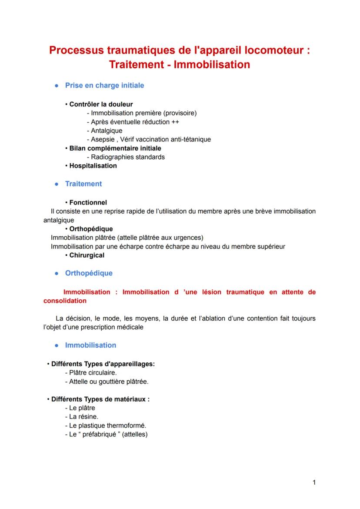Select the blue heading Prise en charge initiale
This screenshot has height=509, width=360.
pos(104,85)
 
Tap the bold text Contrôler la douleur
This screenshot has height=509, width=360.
pos(101,104)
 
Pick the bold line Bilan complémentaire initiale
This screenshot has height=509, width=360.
pos(115,148)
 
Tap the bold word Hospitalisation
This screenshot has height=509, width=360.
pos(93,166)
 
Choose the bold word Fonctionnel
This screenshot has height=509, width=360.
pos(88,202)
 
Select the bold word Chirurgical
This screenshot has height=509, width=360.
pos(87,255)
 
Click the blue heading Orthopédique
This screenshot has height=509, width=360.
pos(89,273)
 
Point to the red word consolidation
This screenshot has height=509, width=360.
pos(65,301)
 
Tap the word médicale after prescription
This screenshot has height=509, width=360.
pos(130,327)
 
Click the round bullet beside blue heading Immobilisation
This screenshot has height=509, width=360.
pos(57,345)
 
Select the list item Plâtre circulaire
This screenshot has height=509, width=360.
pos(93,373)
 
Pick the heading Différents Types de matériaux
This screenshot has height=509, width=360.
pos(100,399)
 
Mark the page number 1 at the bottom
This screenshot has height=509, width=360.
pos(314,482)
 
